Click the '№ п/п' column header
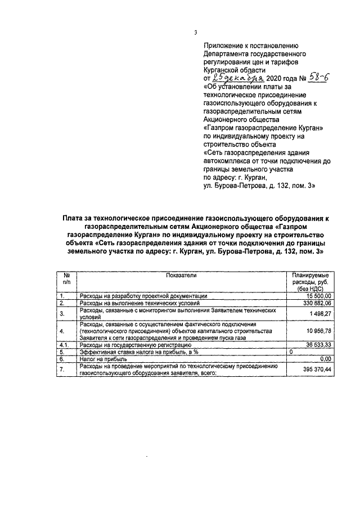pos(66,278)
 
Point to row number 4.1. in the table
pos(64,345)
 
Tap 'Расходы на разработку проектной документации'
pos(143,295)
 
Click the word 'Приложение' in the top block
pos(222,46)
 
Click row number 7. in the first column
pos(62,368)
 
